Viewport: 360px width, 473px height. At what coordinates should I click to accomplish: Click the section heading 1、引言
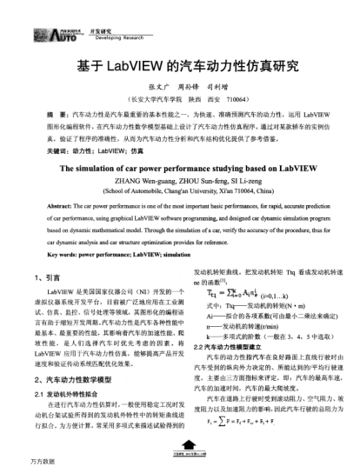pos(58,276)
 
